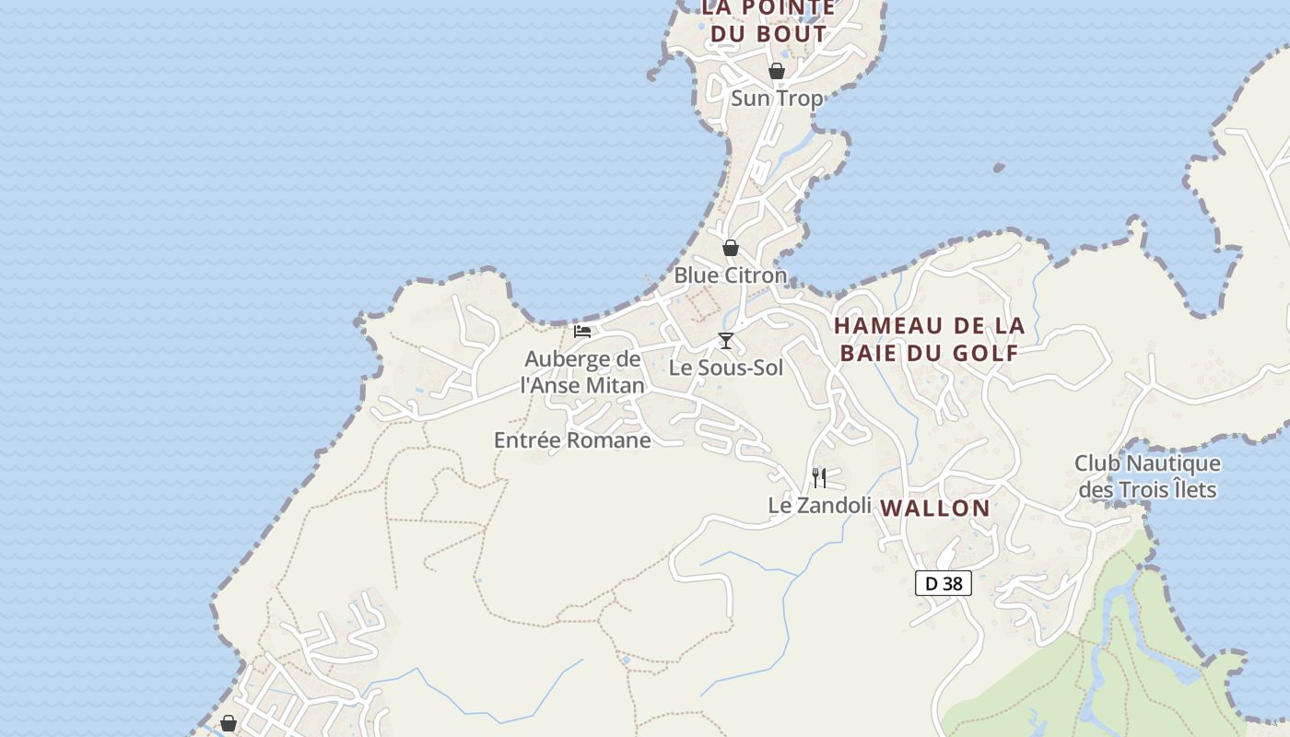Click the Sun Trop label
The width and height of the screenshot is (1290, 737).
pos(776,98)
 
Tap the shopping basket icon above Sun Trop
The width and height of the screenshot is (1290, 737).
pos(777,71)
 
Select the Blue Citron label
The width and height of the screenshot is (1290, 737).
pos(730,275)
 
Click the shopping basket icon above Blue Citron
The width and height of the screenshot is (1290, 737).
pos(731,248)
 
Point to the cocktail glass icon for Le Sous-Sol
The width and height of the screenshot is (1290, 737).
pos(726,341)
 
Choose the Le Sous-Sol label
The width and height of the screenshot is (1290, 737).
pos(726,368)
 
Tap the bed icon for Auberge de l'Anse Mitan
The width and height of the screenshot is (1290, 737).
pos(582,332)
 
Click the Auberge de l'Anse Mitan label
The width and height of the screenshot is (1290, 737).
pos(582,372)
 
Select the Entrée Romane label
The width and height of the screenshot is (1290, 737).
pos(572,440)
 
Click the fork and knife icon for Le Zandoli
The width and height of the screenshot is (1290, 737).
pos(819,477)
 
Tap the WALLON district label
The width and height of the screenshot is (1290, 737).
pos(935,508)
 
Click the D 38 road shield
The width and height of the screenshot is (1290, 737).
pos(944,583)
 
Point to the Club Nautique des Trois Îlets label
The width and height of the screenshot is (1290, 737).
pos(1147,476)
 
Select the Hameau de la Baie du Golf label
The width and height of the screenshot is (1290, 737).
pos(929,339)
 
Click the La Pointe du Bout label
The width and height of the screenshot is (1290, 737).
pos(768,21)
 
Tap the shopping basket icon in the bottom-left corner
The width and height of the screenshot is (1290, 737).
pos(229,724)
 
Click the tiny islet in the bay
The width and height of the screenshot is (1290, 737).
pos(999,168)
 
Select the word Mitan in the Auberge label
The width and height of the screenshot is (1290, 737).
pos(614,385)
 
